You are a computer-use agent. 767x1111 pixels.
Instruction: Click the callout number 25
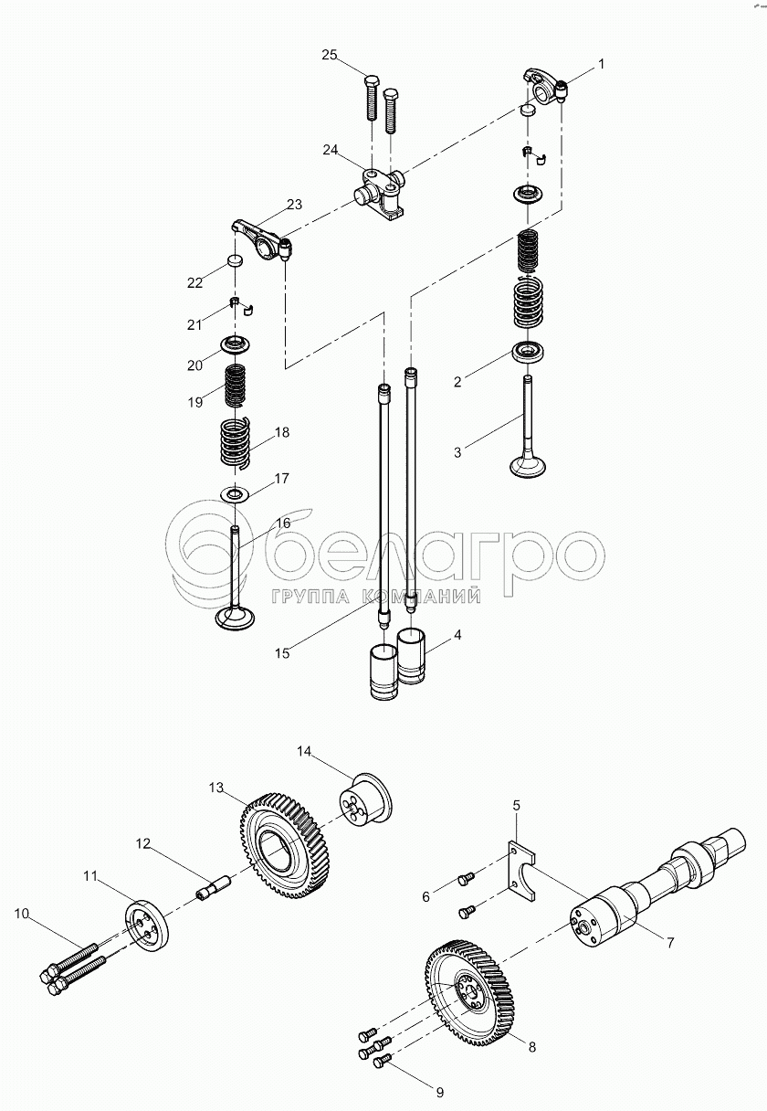[x=330, y=56]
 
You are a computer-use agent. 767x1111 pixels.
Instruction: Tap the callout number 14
[x=304, y=751]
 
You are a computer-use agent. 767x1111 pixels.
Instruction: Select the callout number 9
[x=439, y=1091]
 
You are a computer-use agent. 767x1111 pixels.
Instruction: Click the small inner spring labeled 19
[x=236, y=384]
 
